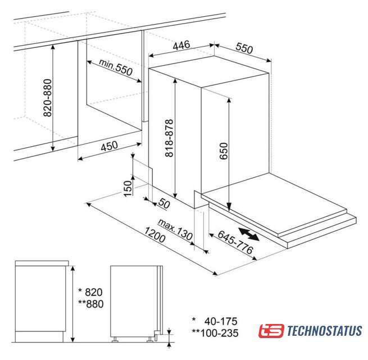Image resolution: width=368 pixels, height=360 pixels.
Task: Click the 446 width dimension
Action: (181, 45)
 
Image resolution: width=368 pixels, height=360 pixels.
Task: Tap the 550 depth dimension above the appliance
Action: (244, 48)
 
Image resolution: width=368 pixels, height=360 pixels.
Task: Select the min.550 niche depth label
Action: (116, 67)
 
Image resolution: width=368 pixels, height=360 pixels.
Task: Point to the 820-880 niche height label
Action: (48, 98)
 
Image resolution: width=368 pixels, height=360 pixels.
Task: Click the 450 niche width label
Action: (109, 146)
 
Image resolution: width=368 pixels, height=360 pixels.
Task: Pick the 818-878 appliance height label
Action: (169, 138)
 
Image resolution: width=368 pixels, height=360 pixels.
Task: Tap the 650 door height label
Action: (224, 151)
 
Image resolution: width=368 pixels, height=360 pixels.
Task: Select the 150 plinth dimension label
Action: (128, 188)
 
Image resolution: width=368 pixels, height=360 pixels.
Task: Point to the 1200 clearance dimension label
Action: (155, 235)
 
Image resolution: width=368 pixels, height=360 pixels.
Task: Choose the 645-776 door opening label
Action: (235, 242)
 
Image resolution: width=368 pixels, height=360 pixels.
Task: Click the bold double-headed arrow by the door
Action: (249, 234)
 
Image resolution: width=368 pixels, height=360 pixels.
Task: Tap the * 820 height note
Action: (90, 292)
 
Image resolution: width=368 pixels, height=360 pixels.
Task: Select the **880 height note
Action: (91, 304)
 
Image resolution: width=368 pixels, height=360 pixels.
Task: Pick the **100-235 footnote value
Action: (215, 333)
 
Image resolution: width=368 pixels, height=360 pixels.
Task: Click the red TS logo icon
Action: (271, 331)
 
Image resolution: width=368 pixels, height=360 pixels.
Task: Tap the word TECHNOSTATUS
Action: (324, 331)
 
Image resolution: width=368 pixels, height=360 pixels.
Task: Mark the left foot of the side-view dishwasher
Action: (115, 340)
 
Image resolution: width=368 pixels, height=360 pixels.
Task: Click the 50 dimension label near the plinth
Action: (164, 203)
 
